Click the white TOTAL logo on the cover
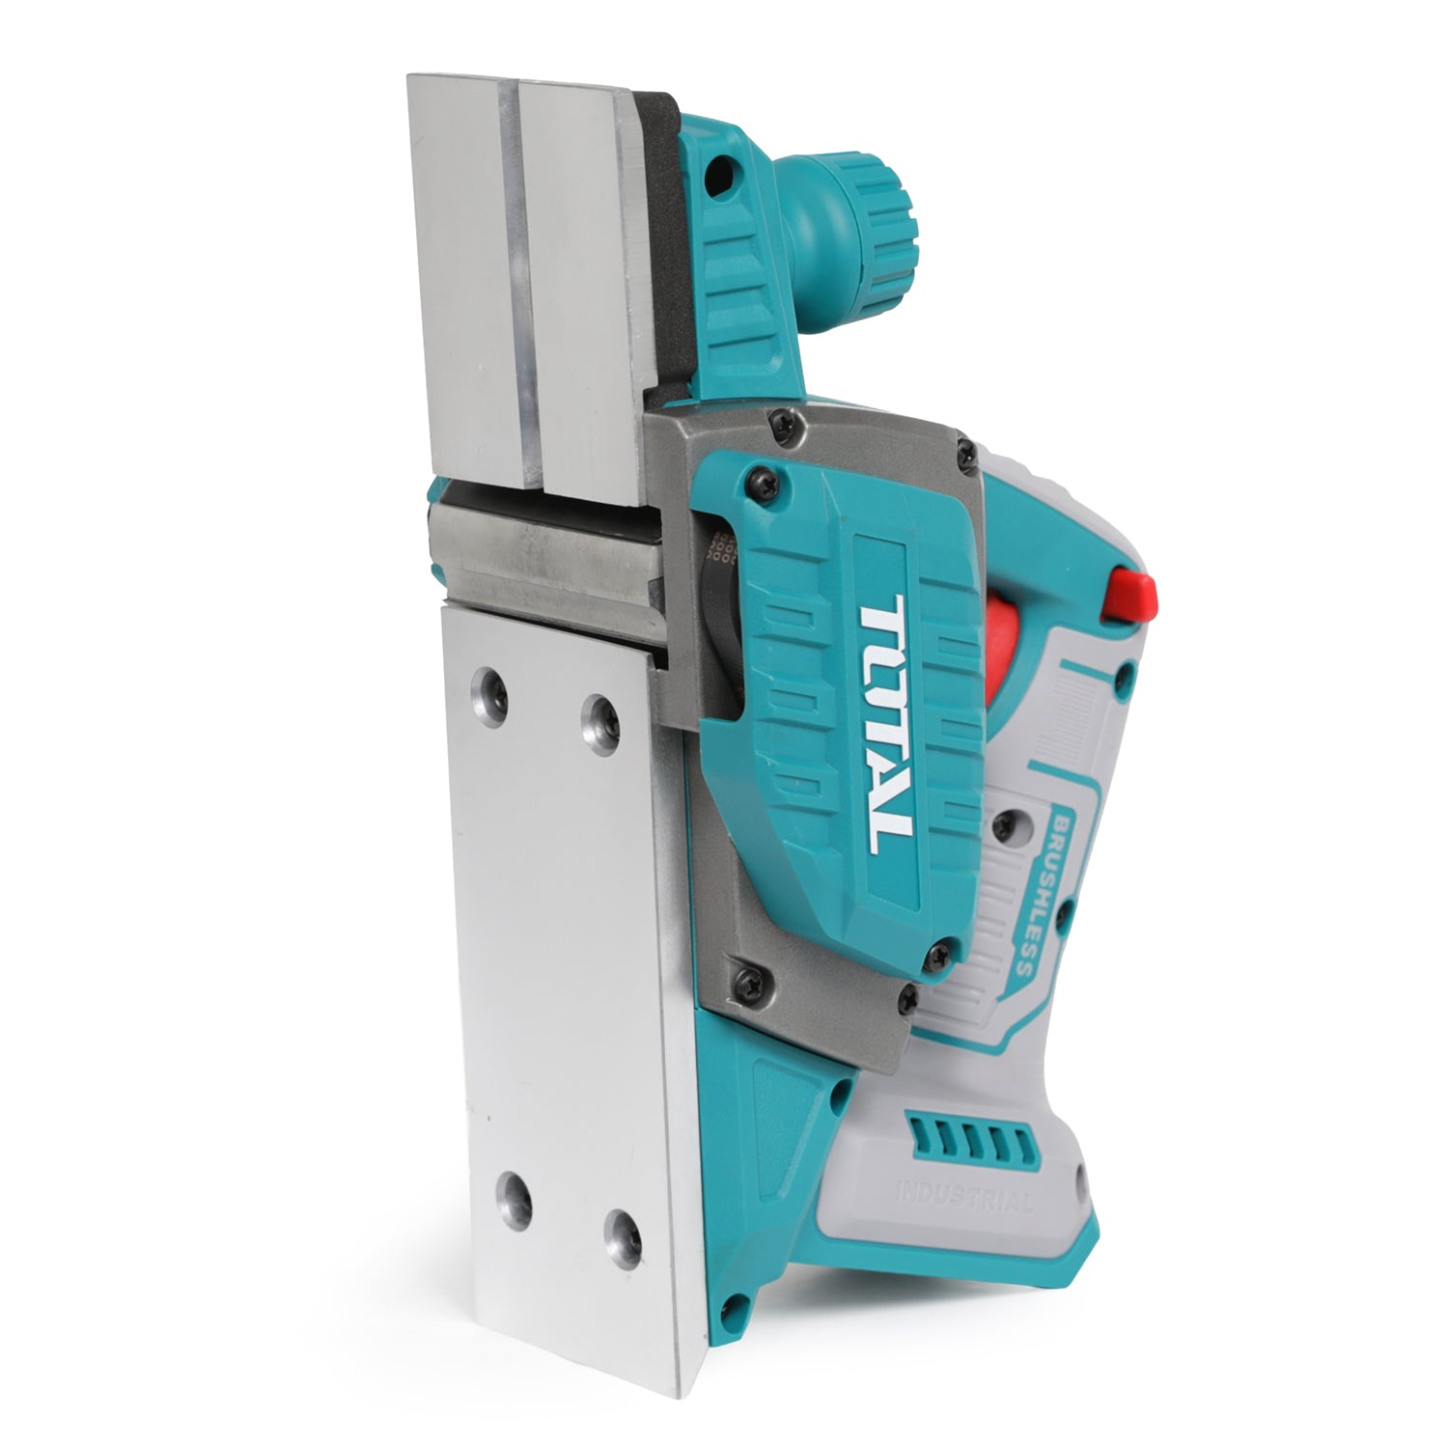point(883,724)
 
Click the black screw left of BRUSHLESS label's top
point(1005,824)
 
